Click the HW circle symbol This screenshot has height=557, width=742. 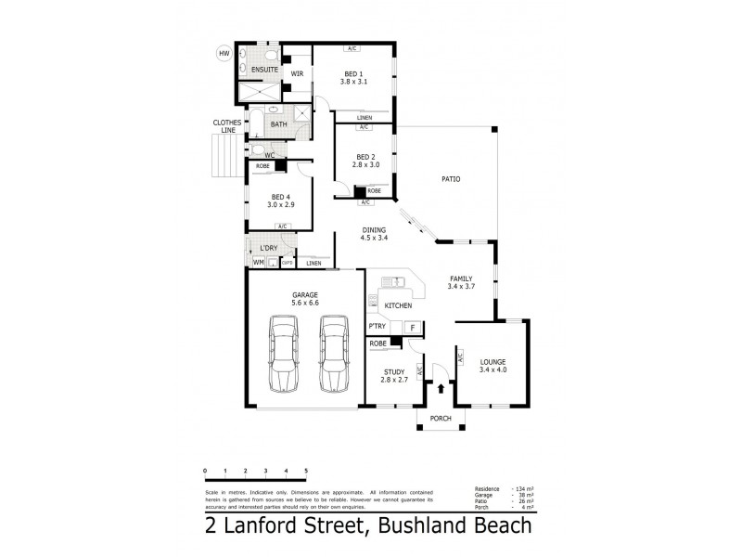tap(224, 54)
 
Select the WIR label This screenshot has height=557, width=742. tap(297, 72)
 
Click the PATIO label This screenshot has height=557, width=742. tap(450, 179)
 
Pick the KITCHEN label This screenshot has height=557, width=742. tap(399, 305)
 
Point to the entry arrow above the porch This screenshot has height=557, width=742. tap(440, 390)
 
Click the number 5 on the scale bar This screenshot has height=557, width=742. tap(306, 471)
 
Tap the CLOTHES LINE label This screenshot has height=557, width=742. tap(227, 126)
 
